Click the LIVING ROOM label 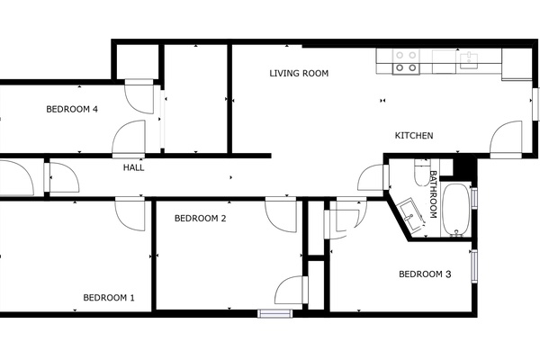pyautogui.click(x=299, y=74)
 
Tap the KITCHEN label pyautogui.click(x=414, y=136)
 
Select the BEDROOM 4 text pyautogui.click(x=72, y=110)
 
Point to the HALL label pyautogui.click(x=133, y=167)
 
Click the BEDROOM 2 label pyautogui.click(x=201, y=219)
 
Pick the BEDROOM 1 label pyautogui.click(x=109, y=298)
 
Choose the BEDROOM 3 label pyautogui.click(x=425, y=274)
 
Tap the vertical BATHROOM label pyautogui.click(x=433, y=194)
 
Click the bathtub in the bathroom pyautogui.click(x=456, y=210)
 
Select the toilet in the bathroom pyautogui.click(x=421, y=172)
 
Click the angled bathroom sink pyautogui.click(x=411, y=213)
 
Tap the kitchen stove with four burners pyautogui.click(x=406, y=62)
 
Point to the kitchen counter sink pyautogui.click(x=469, y=60)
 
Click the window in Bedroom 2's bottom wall pyautogui.click(x=275, y=313)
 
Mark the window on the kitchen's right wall pyautogui.click(x=535, y=104)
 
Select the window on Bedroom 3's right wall pyautogui.click(x=474, y=266)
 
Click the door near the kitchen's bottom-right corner pyautogui.click(x=506, y=139)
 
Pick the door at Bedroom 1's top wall pyautogui.click(x=130, y=213)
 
